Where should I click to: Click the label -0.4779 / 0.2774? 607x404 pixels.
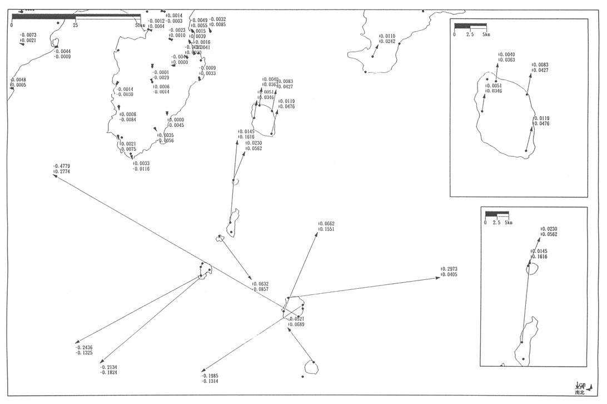tap(62, 169)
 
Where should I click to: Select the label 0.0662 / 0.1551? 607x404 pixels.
tap(326, 226)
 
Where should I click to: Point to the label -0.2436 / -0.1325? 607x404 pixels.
tap(84, 350)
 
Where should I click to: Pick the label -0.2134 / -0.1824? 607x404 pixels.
tap(109, 370)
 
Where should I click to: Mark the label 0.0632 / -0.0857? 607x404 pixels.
tap(260, 287)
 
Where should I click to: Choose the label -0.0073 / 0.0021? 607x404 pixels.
tap(28, 38)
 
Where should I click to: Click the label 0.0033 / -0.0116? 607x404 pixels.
tap(141, 166)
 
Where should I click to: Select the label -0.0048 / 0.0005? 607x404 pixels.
tap(18, 82)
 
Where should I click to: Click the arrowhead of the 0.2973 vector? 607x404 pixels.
tap(440, 277)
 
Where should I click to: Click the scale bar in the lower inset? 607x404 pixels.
tap(497, 214)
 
